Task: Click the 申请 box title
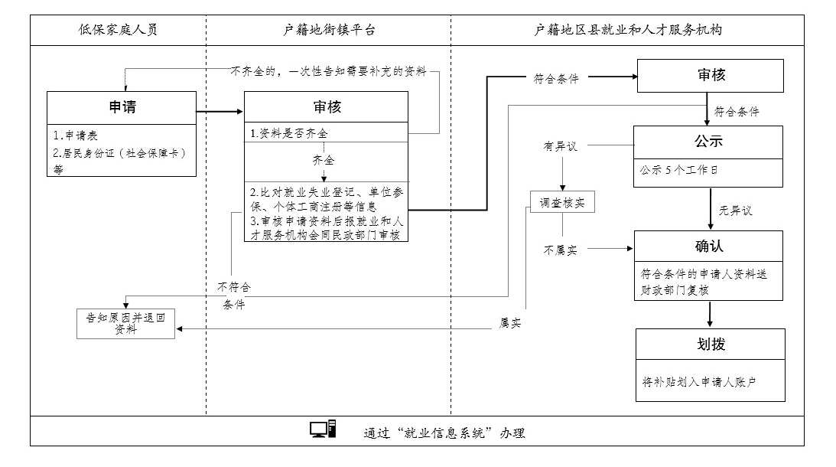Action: point(122,107)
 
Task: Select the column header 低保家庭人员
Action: point(118,30)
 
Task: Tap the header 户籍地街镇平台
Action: point(329,30)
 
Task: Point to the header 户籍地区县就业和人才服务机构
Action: point(628,30)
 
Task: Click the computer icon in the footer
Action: point(323,429)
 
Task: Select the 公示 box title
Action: point(708,142)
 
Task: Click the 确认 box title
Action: point(708,246)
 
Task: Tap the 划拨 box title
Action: point(711,345)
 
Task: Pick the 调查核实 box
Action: point(562,202)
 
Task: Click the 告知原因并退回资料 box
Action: point(126,324)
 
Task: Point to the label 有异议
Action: point(561,145)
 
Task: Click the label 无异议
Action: point(735,211)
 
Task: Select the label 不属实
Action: point(561,250)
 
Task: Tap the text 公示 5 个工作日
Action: point(678,170)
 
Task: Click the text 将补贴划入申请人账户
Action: point(699,381)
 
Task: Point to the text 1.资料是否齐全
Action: point(288,133)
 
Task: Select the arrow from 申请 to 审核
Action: point(220,112)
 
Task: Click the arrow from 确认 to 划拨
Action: point(710,314)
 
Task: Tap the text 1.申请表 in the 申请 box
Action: point(75,136)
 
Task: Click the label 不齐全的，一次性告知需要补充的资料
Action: point(328,71)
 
